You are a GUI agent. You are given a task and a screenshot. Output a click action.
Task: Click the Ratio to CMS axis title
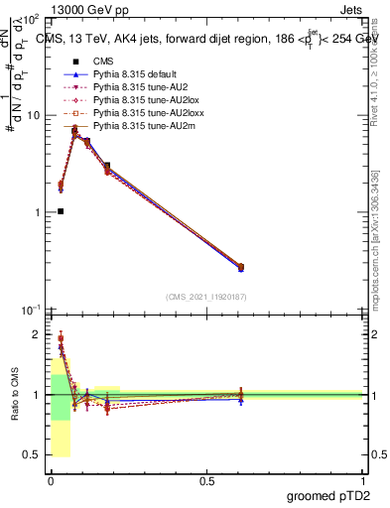(14, 395)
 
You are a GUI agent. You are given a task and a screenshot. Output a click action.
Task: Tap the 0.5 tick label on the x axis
(205, 480)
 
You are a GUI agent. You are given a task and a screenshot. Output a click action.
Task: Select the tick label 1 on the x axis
(362, 480)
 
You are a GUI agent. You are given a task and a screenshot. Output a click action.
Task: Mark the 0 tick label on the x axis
(50, 480)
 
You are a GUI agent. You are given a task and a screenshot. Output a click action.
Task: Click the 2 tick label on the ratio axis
(38, 334)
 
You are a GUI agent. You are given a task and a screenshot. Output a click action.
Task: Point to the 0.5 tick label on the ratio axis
(34, 455)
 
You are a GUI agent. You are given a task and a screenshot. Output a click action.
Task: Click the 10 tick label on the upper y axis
(33, 115)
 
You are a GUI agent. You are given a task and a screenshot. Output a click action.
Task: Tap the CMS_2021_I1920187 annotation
(206, 297)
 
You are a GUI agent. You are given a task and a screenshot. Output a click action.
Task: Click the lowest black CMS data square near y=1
(61, 211)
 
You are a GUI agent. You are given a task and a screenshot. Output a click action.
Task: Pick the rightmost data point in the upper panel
(240, 267)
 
